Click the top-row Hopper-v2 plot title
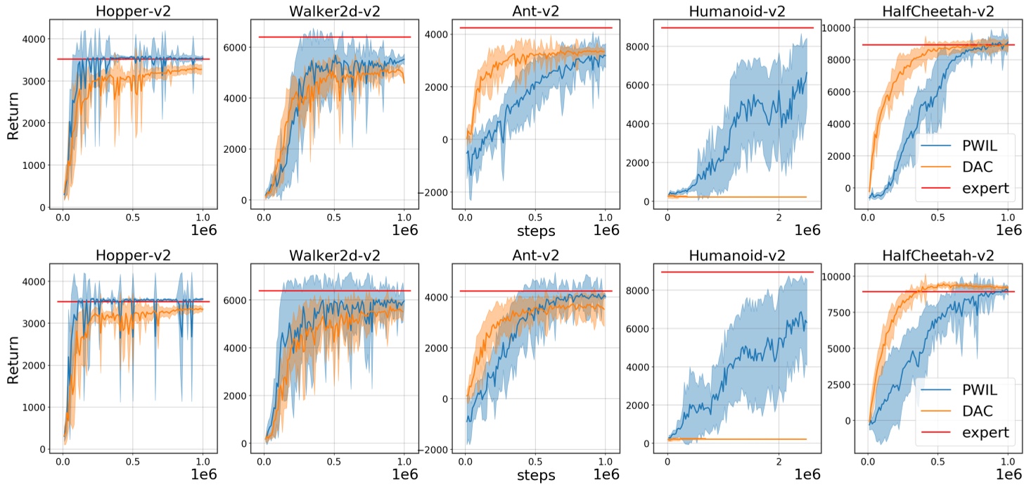click(133, 11)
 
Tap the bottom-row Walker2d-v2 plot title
click(334, 255)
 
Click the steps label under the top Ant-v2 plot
click(535, 230)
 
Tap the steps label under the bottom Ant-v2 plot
click(535, 475)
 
